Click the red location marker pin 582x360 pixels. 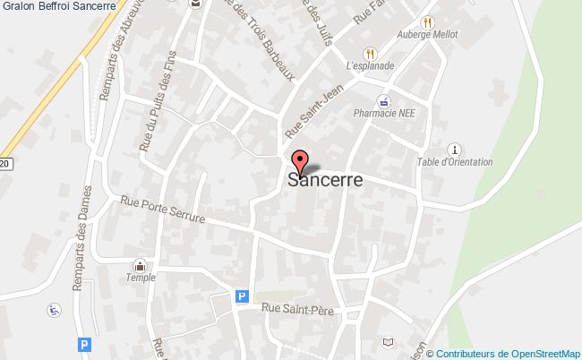(x=301, y=161)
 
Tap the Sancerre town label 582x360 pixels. (x=325, y=180)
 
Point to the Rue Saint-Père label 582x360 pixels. (x=298, y=309)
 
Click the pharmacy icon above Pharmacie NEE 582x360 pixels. (x=382, y=101)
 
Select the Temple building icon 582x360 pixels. (x=141, y=265)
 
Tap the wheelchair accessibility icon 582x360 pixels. (x=53, y=310)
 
